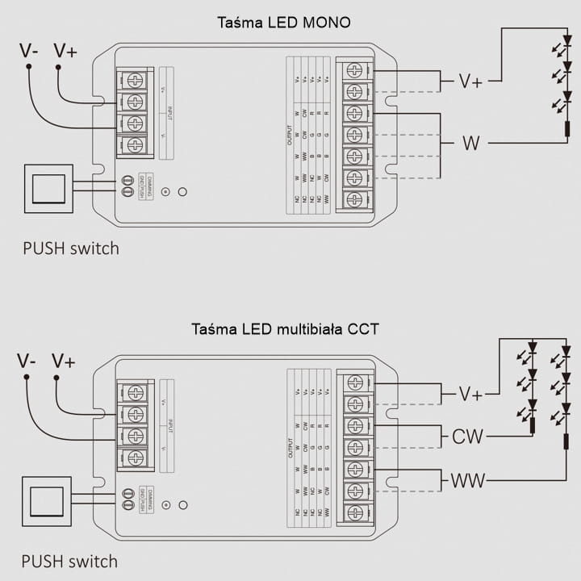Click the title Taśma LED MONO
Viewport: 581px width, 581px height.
coord(284,22)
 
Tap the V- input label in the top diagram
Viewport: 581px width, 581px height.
coord(30,51)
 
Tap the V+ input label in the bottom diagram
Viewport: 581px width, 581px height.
coord(63,361)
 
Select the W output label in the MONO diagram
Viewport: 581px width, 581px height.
coord(470,144)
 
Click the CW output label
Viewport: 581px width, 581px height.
coord(467,437)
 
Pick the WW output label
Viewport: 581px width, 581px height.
coord(468,481)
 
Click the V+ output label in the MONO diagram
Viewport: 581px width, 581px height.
coord(470,81)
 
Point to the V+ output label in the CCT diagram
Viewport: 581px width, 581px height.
coord(470,394)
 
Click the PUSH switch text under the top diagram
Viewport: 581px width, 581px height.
coord(70,248)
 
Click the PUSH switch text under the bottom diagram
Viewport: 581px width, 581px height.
coord(69,561)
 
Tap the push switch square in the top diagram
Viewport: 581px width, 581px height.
coord(48,189)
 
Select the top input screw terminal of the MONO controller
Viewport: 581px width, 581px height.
coord(136,80)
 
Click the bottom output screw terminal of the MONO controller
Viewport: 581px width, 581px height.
coord(353,199)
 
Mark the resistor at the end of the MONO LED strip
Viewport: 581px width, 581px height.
coord(566,128)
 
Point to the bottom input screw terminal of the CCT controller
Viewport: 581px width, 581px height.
coord(136,458)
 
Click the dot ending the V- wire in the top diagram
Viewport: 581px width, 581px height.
coord(28,69)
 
